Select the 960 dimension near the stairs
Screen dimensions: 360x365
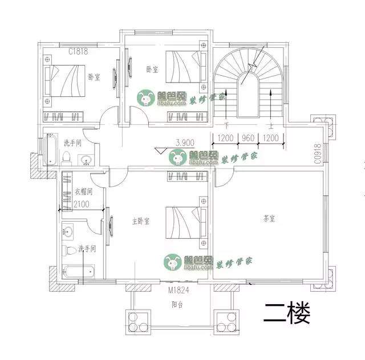point(248,138)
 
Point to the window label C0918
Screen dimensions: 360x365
point(317,154)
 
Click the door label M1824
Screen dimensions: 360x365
point(179,291)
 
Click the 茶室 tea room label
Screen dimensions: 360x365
point(269,219)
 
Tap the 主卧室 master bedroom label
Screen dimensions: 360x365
point(139,220)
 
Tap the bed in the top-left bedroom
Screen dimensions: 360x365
point(64,80)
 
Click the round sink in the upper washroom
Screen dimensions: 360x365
point(86,159)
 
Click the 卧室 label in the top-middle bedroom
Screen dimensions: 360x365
point(152,69)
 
